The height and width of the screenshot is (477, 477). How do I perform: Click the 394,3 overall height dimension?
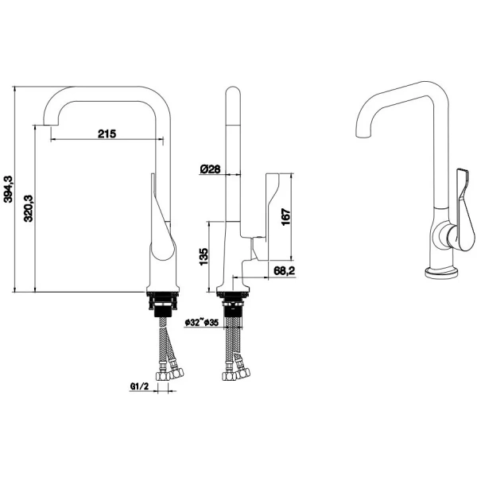(8, 189)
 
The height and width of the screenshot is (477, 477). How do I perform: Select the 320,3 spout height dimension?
(29, 208)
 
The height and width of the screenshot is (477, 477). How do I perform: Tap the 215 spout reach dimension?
(107, 134)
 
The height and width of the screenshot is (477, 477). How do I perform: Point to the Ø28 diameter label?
(210, 169)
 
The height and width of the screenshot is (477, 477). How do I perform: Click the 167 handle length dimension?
(286, 217)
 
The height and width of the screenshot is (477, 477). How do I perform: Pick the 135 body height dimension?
(204, 257)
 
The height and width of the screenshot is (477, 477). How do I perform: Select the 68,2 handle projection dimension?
(285, 271)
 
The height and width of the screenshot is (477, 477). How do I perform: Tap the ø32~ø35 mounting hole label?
(202, 322)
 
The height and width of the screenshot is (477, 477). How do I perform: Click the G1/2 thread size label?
(140, 386)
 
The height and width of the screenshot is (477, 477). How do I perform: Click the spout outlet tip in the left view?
(51, 125)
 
